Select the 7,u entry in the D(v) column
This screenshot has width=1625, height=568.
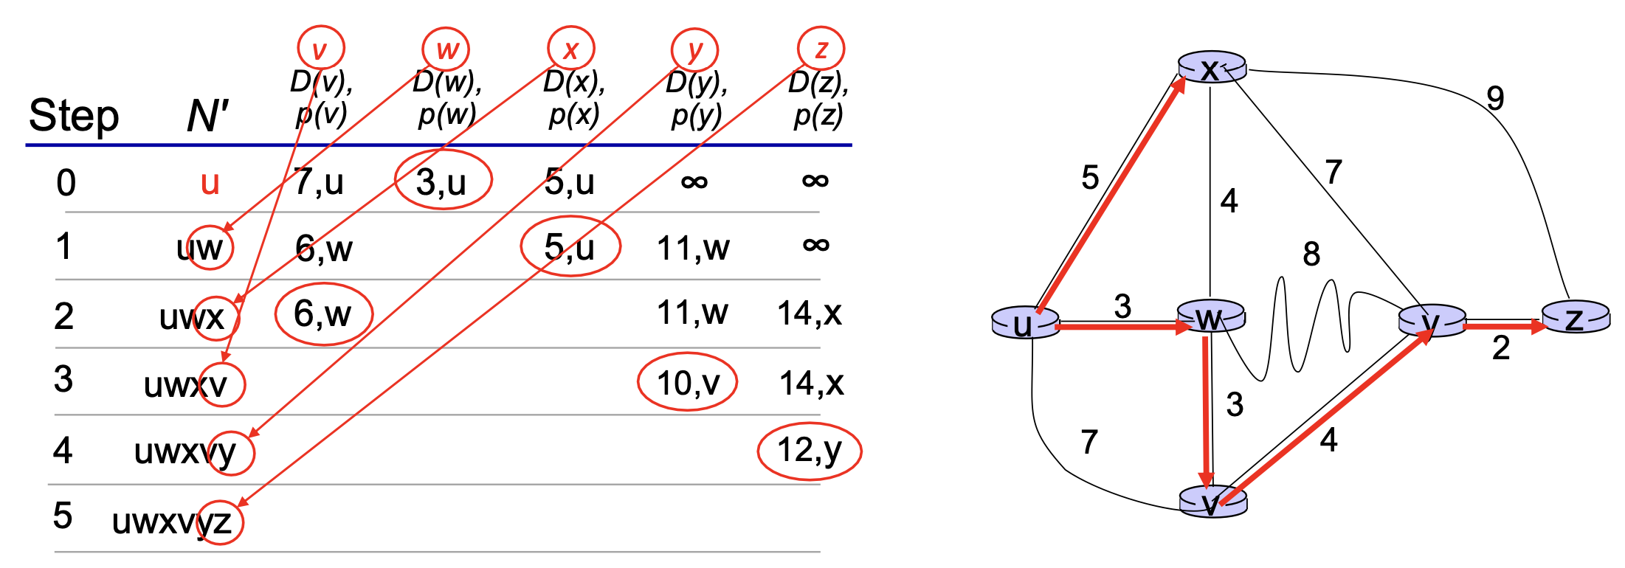319,181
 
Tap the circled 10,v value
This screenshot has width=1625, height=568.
687,383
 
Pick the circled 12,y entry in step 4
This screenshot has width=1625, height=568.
809,450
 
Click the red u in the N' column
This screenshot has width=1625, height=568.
210,182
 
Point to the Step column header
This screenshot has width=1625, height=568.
74,117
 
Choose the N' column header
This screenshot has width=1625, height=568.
207,117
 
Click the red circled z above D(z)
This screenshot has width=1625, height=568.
821,49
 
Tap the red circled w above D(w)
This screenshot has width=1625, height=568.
446,49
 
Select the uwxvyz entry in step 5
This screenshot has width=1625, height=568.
172,522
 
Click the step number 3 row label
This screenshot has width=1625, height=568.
63,379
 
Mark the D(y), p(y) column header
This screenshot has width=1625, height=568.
696,99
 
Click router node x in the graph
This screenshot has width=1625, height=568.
1212,68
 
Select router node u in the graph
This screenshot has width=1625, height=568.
1025,323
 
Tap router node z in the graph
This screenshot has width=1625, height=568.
1576,318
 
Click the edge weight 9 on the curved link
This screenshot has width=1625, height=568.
1495,97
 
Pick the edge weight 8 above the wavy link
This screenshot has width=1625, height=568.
1311,254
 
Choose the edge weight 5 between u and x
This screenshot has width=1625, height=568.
1090,178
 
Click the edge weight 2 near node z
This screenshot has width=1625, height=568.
1501,348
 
